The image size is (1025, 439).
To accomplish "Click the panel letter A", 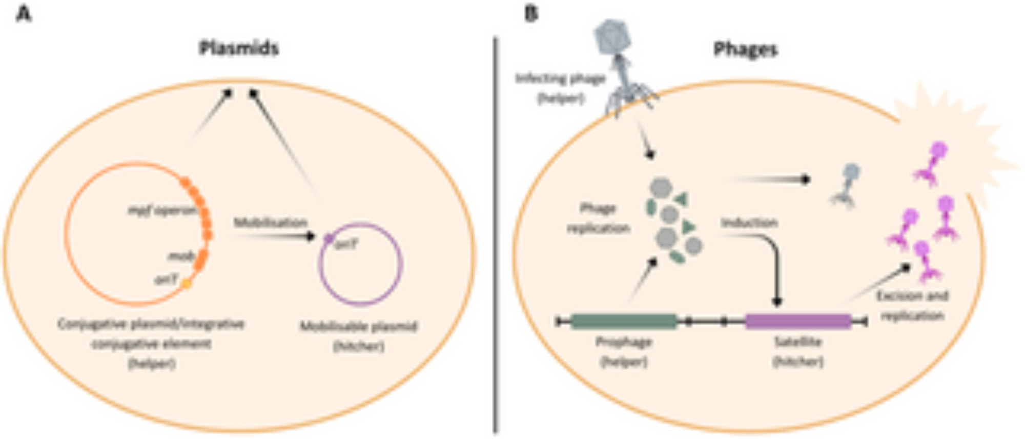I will [24, 14].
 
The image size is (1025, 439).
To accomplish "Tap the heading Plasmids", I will [239, 48].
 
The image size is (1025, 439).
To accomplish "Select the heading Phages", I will [746, 49].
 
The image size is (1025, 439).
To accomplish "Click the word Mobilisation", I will [271, 223].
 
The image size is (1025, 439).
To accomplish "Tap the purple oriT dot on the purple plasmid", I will [329, 238].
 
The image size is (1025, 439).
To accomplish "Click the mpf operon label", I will [162, 210].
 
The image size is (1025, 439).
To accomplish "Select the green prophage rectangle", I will [624, 322].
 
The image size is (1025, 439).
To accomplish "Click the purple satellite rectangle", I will [798, 322].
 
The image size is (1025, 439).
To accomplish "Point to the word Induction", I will [749, 223].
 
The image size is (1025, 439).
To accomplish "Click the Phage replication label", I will [598, 218].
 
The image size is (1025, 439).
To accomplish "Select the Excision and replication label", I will [912, 306].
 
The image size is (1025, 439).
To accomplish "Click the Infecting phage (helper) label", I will [561, 88].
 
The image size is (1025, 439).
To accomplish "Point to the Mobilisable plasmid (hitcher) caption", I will [359, 336].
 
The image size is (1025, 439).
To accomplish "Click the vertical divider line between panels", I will [496, 236].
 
